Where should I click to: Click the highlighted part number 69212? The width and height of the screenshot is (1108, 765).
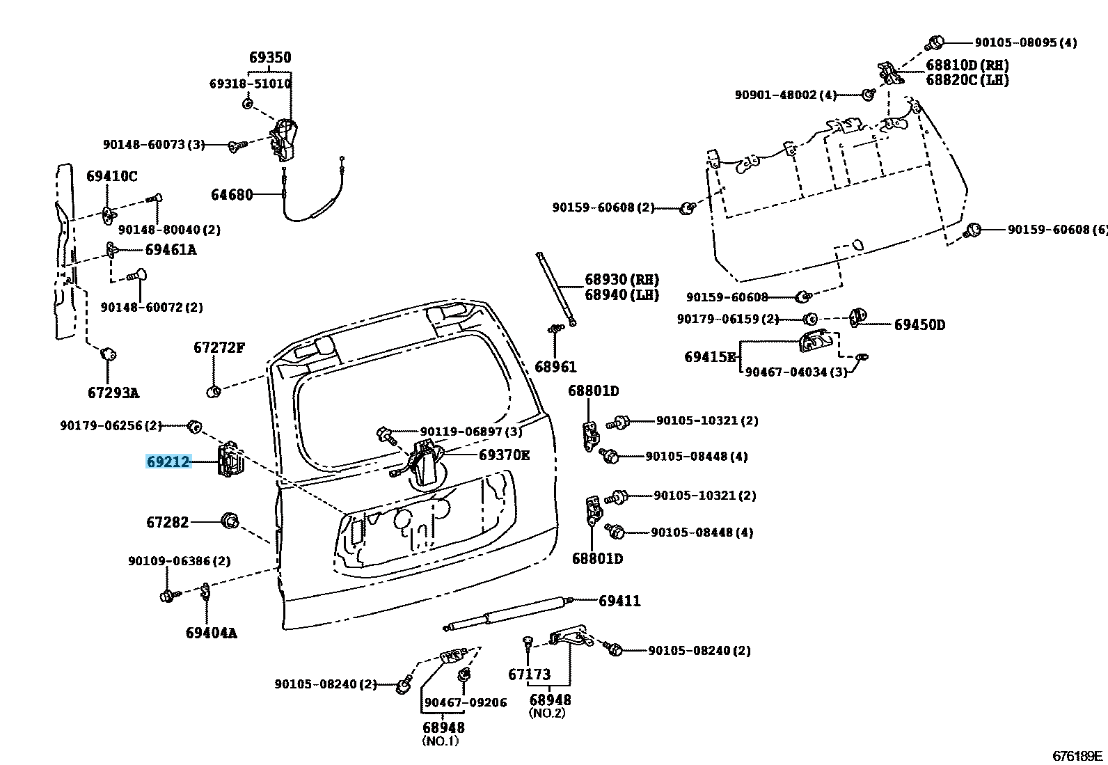click(x=168, y=462)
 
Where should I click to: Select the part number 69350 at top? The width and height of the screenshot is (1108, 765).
click(x=270, y=57)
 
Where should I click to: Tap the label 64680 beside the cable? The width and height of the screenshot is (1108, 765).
click(x=232, y=194)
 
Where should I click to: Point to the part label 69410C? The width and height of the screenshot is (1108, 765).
click(x=112, y=176)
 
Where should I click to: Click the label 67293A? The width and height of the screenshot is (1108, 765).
click(x=113, y=393)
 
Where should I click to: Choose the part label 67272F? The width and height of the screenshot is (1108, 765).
click(x=219, y=347)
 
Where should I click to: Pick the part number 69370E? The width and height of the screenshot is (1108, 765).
click(x=504, y=455)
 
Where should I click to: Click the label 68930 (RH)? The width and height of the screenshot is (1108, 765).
click(x=622, y=280)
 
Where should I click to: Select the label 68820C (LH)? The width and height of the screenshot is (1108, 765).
click(x=967, y=79)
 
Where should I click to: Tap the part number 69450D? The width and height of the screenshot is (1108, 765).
click(x=919, y=324)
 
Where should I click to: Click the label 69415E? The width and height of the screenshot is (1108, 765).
click(x=711, y=357)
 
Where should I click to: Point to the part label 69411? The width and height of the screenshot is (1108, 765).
click(x=619, y=601)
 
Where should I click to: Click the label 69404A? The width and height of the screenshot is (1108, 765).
click(x=211, y=633)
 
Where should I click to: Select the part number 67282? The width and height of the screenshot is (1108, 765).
click(x=168, y=523)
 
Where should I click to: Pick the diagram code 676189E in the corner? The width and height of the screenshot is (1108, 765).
click(x=1077, y=756)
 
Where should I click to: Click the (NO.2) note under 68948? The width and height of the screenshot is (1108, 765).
click(x=546, y=713)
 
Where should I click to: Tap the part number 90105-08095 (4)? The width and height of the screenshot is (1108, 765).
click(x=1026, y=42)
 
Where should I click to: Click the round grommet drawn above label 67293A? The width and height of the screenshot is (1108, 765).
click(x=109, y=355)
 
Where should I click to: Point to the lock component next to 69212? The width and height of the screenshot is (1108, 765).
click(x=230, y=459)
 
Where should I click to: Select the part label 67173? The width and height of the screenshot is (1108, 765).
click(x=529, y=675)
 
